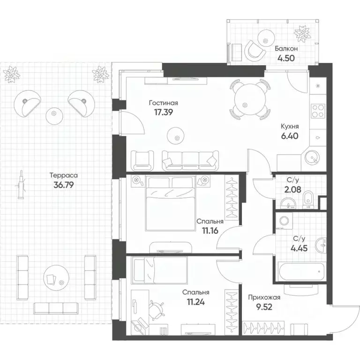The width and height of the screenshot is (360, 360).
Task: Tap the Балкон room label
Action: [x=286, y=48]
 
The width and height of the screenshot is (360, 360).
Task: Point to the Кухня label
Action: [x=290, y=126]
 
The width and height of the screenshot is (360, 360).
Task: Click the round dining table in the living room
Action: [x=250, y=99]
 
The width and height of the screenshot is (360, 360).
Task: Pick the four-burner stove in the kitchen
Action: [x=318, y=109]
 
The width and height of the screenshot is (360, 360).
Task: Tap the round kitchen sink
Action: [x=312, y=157]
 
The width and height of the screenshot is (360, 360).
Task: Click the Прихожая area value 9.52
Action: [x=263, y=308]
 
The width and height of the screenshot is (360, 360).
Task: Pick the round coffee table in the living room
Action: [x=177, y=135]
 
